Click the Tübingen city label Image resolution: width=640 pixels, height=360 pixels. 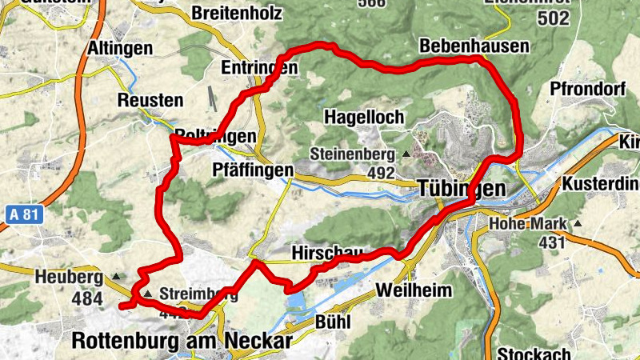click(462, 189)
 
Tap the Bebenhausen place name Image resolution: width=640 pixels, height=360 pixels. click(474, 45)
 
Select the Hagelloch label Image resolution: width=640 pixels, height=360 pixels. click(364, 117)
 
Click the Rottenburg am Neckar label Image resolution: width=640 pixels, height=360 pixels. click(182, 340)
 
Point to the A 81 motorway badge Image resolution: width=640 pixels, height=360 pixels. click(26, 214)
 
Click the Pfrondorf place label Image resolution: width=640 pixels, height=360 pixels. click(587, 89)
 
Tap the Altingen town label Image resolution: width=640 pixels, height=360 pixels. click(119, 48)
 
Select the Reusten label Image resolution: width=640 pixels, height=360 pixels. click(150, 100)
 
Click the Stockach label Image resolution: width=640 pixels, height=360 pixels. click(534, 353)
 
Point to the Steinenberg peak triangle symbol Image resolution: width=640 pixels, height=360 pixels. click(406, 153)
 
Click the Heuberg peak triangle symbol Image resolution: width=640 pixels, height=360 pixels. click(118, 278)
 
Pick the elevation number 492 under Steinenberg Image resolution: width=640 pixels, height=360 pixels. click(382, 172)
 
